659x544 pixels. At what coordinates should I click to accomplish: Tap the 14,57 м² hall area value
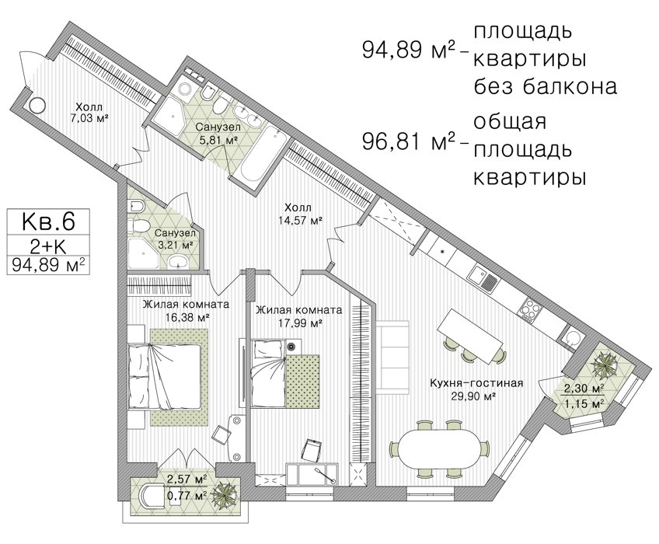300,219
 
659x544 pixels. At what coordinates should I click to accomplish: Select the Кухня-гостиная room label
476,383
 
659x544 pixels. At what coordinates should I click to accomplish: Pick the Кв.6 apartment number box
48,221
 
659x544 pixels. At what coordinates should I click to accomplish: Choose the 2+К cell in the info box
48,246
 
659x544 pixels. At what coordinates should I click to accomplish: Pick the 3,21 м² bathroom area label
175,244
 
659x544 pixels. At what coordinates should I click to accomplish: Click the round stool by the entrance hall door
37,105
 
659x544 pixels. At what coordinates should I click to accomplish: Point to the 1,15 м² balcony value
584,404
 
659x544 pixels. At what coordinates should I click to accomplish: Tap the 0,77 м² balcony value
187,496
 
